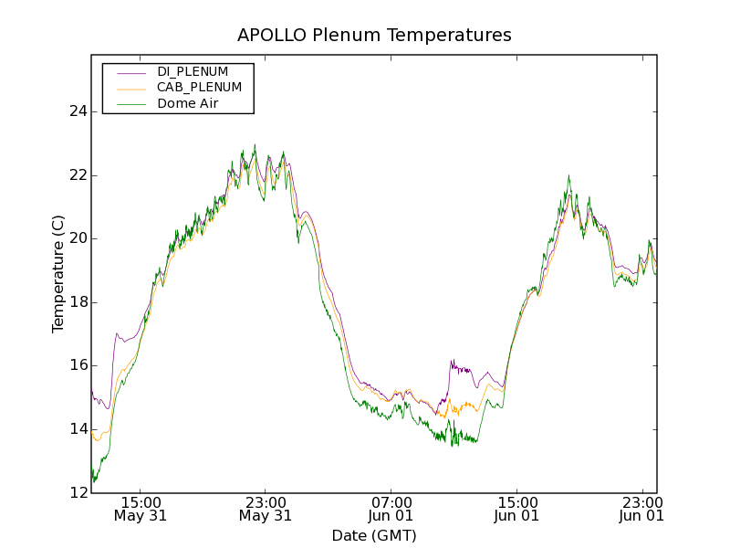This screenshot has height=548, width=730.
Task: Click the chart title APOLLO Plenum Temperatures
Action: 374,36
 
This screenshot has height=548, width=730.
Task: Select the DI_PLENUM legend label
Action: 193,71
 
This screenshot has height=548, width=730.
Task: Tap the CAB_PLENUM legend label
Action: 199,88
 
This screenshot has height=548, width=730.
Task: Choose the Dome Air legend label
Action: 188,104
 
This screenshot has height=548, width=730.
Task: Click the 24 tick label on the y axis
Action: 78,111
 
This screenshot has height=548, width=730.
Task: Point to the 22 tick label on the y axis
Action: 78,175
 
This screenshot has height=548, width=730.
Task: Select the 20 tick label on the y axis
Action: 78,238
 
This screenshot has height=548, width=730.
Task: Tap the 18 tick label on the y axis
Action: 78,302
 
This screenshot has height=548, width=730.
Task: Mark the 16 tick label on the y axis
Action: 78,365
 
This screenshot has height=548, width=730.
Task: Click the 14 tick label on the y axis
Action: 78,429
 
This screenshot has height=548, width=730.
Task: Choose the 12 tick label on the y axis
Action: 78,493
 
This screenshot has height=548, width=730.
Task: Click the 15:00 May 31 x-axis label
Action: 141,509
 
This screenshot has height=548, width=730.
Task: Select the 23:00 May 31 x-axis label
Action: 266,509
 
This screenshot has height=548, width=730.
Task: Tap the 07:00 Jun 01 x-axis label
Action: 391,509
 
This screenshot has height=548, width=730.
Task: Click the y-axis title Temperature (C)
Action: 58,274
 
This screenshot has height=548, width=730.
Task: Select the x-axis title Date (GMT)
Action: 374,535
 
